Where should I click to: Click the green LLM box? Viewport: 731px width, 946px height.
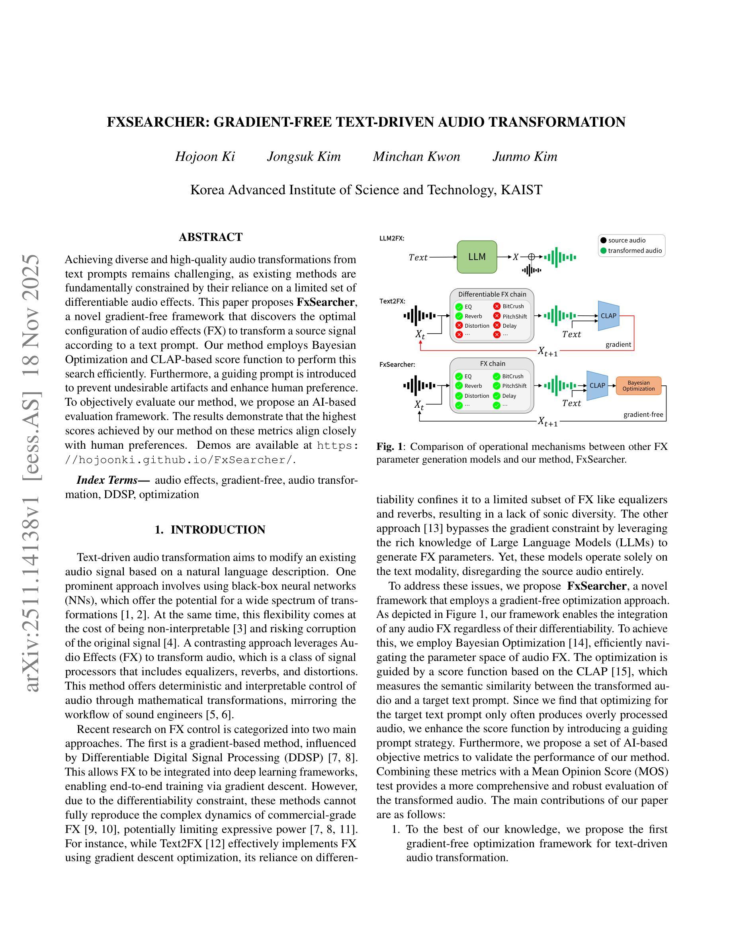coord(477,257)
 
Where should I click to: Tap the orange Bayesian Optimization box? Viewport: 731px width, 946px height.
coord(638,385)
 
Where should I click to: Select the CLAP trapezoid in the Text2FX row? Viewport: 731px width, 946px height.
coord(608,316)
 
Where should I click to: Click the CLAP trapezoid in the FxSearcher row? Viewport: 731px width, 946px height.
coord(597,385)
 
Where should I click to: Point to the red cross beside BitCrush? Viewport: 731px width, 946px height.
coord(497,306)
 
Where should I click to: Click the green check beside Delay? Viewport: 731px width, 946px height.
coord(497,395)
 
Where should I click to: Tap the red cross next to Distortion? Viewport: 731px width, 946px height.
coord(459,325)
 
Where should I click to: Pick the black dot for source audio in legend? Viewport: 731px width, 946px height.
coord(603,240)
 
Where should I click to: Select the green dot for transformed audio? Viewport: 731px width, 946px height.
coord(603,250)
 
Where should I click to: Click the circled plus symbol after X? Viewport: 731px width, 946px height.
coord(532,257)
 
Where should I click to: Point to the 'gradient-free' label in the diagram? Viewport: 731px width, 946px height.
coord(643,414)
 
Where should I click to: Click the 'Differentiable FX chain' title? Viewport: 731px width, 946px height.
coord(492,294)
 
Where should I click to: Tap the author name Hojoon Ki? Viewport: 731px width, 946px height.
coord(205,156)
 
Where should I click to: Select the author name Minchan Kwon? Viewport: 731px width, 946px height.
coord(416,156)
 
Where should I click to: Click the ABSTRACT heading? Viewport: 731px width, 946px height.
coord(211,237)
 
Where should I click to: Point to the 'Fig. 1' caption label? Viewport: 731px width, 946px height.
coord(389,447)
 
